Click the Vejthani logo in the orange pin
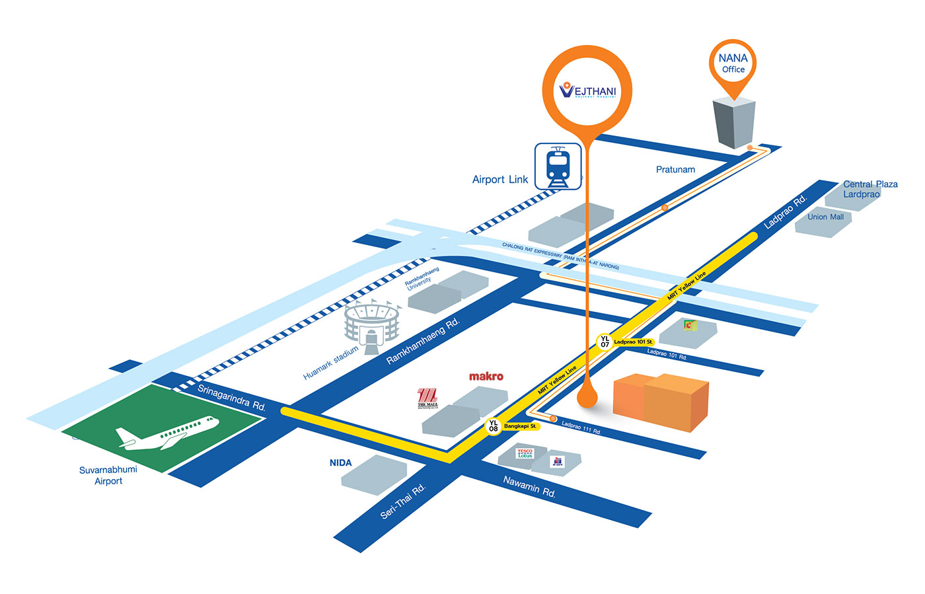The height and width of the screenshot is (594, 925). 587,91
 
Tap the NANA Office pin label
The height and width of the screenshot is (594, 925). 733,63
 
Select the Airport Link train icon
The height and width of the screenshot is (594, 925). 558,167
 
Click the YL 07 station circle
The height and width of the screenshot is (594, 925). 605,342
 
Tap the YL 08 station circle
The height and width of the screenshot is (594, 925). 494,426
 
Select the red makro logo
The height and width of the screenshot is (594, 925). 486,377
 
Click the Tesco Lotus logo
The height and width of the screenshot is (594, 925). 525,453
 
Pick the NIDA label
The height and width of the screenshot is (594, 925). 341,463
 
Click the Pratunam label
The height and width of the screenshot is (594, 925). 675,170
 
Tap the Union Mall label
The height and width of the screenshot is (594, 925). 825,217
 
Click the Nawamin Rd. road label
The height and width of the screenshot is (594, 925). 529,487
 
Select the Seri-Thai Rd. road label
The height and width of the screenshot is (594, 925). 403,501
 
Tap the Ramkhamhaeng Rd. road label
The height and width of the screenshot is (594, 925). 423,341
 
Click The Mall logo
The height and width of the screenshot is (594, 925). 427,398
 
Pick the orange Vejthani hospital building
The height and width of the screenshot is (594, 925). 661,401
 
